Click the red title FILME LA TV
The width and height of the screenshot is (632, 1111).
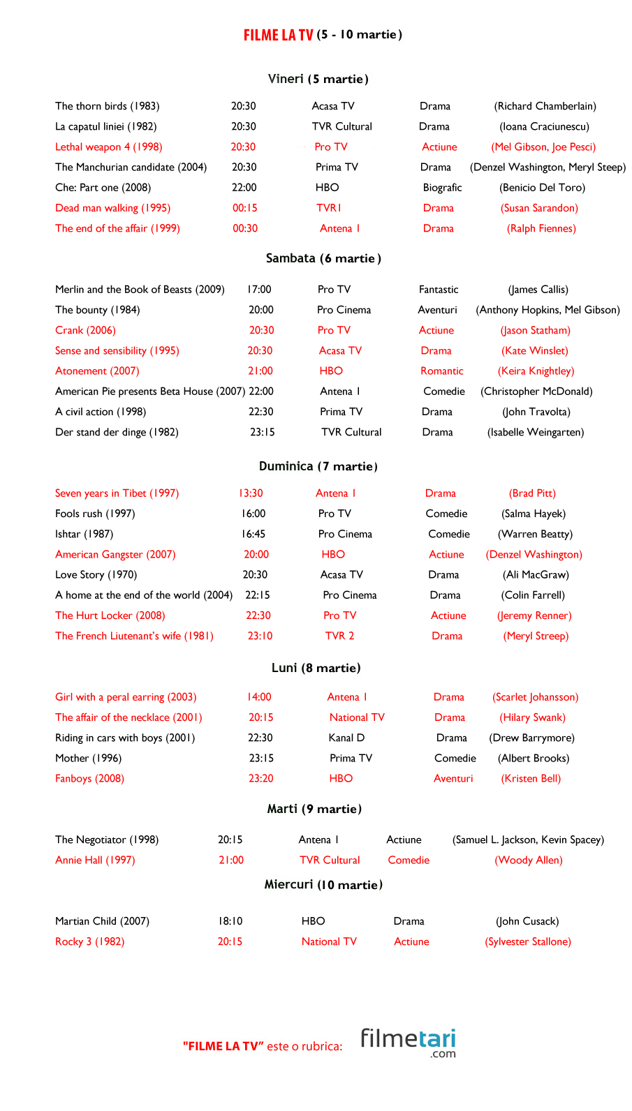[278, 35]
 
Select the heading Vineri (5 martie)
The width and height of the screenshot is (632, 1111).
[318, 79]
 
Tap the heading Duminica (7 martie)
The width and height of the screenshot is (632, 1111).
[318, 466]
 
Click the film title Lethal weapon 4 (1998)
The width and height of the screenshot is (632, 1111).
[108, 147]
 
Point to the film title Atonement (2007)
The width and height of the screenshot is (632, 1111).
[97, 371]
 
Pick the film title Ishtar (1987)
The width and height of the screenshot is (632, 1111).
[84, 534]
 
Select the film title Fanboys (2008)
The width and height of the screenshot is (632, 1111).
[89, 778]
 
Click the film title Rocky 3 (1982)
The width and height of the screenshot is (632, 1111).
[89, 941]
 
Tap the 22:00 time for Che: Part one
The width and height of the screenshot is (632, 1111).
[244, 187]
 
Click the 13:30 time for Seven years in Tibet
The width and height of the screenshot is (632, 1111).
[251, 493]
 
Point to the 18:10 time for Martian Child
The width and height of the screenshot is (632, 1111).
[230, 921]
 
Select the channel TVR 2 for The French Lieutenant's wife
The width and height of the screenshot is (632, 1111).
[339, 636]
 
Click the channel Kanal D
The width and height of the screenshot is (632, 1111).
[346, 738]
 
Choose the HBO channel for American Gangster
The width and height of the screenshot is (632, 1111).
[333, 554]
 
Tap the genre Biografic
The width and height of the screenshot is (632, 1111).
[442, 187]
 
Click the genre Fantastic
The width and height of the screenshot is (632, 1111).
[439, 289]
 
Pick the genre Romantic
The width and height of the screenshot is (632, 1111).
[441, 371]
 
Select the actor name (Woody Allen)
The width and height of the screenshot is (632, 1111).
[529, 860]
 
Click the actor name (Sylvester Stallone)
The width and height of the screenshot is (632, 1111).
[528, 941]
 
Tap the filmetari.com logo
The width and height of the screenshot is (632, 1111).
[408, 1042]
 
